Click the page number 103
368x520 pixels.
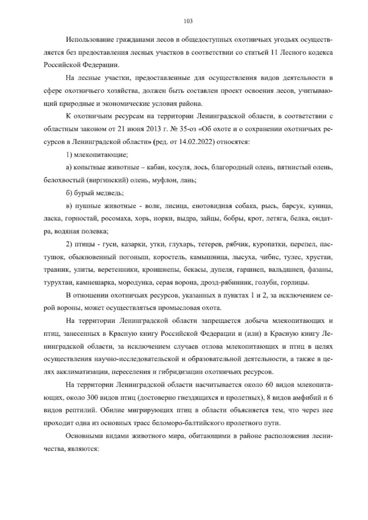click(x=188, y=21)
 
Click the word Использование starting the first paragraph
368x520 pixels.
click(x=90, y=40)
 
